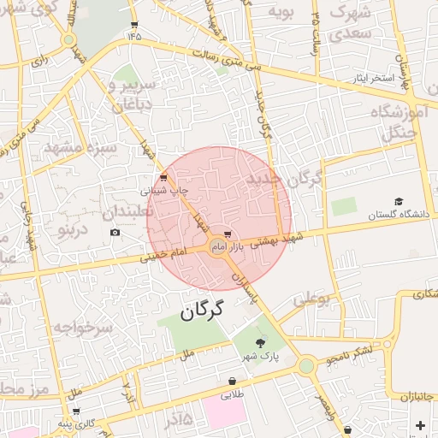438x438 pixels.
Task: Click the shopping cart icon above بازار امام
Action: (227, 233)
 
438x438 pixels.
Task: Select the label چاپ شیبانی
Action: (159, 190)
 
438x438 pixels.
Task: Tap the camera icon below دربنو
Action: (115, 232)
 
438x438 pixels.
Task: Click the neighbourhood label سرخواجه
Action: (82, 328)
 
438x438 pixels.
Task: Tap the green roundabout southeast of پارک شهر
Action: (306, 366)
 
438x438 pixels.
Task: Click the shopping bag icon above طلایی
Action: (232, 381)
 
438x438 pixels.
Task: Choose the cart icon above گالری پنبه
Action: (76, 411)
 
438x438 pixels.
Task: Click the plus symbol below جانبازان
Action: (419, 425)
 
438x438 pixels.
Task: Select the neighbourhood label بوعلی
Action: (311, 300)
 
